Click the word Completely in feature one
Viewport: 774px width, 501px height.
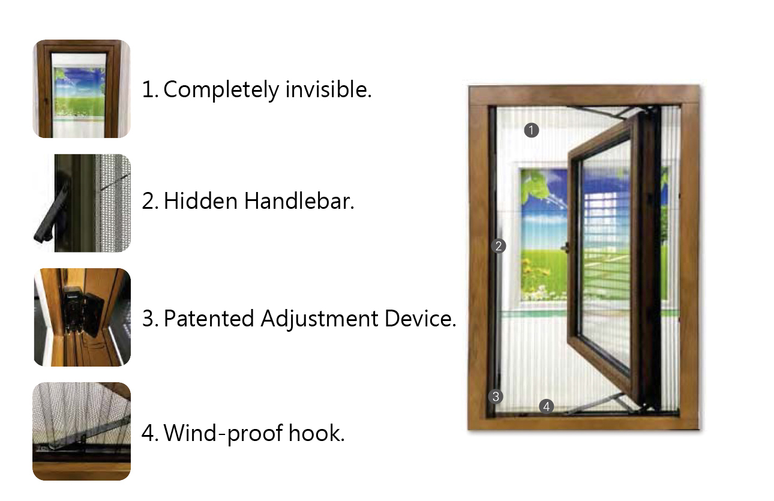coord(221,90)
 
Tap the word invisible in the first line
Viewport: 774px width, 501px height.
coord(328,89)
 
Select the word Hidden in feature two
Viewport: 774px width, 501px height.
coord(200,201)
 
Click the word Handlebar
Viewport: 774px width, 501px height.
coord(299,201)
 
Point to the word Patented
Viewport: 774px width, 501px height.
coord(209,319)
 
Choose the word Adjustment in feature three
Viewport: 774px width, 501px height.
coord(319,319)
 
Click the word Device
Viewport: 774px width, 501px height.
coord(420,319)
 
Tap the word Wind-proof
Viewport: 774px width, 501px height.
coord(223,434)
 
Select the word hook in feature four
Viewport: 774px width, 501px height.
coord(317,433)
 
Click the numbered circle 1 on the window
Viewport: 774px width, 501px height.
coord(532,130)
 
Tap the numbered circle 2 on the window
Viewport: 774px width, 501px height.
coord(499,246)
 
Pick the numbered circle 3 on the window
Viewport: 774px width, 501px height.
coord(496,397)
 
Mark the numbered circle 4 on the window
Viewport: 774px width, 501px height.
coord(546,406)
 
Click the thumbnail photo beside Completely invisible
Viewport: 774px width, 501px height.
coord(82,89)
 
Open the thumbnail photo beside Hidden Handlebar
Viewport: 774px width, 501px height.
coord(82,203)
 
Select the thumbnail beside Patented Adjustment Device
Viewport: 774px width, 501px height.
coord(82,317)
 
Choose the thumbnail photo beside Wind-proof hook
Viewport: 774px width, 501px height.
coord(82,431)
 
